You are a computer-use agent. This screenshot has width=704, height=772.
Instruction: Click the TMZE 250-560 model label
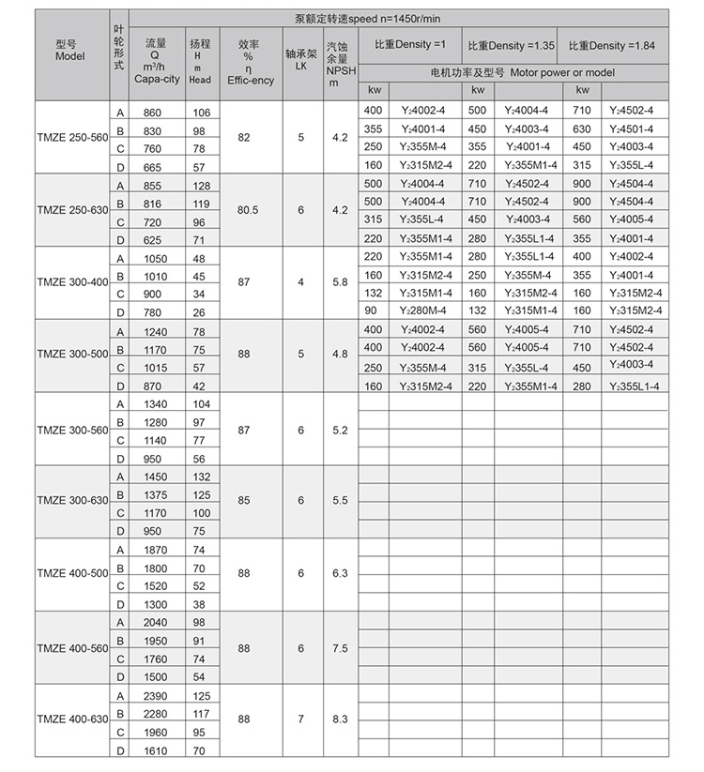coord(71,138)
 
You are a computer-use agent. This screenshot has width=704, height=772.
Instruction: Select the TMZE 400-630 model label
coord(71,719)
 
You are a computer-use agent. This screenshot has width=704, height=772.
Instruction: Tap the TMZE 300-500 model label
coord(71,355)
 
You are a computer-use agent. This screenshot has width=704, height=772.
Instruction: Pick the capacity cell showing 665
coord(152,166)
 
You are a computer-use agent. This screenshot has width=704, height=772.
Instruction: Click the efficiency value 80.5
coord(248,211)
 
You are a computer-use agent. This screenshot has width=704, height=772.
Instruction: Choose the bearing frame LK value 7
coord(300,719)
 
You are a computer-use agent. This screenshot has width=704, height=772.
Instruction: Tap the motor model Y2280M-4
coord(425,310)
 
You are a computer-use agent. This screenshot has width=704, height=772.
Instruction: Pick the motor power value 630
coord(582,129)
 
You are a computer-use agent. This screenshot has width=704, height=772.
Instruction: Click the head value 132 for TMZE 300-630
coord(200,477)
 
